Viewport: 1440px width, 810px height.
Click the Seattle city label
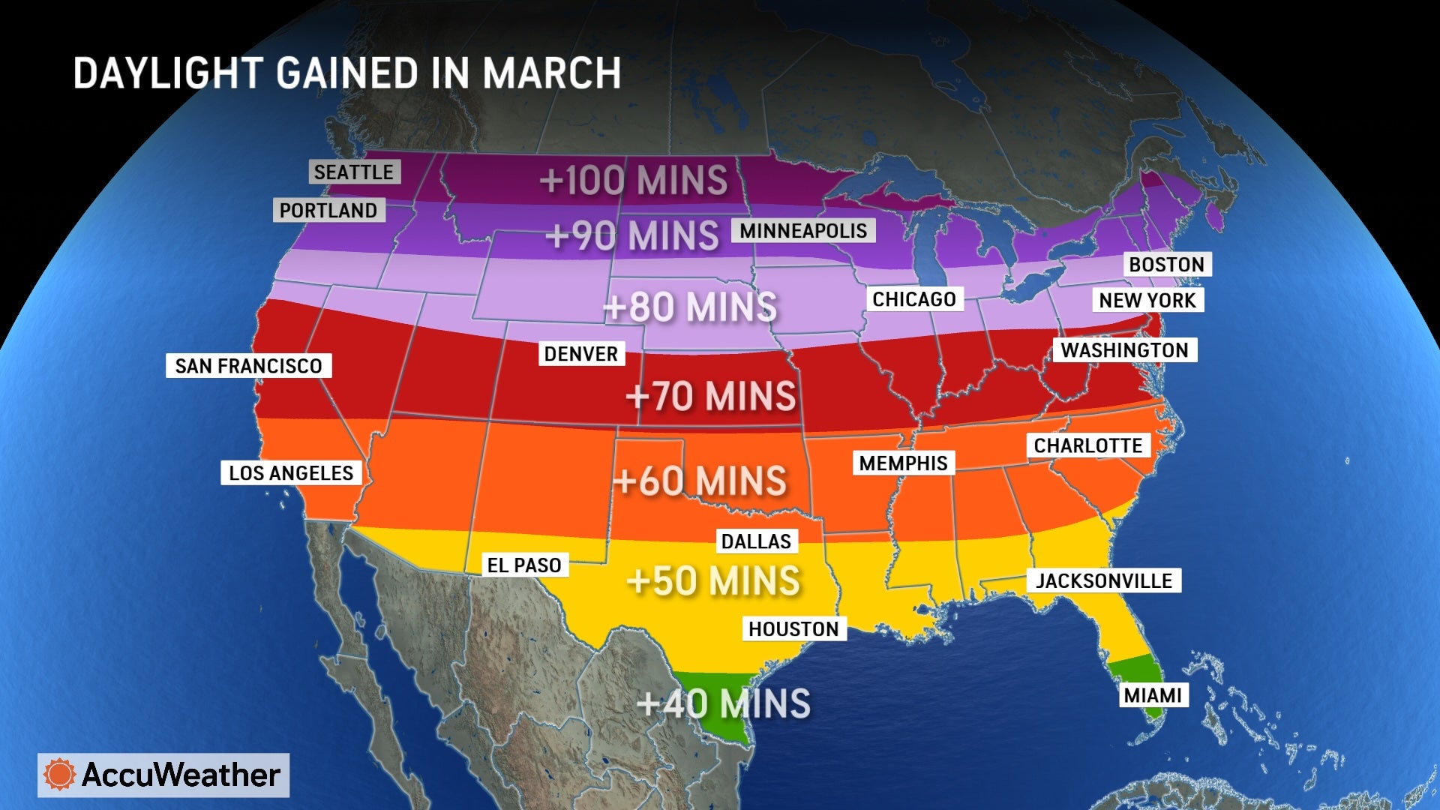point(354,172)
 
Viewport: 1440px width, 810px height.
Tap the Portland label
point(328,211)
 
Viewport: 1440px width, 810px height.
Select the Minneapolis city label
point(803,231)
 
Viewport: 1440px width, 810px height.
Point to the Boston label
point(1166,265)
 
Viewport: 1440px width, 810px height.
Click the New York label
point(1147,301)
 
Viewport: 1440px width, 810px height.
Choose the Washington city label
point(1124,350)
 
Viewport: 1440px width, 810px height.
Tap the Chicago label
point(913,299)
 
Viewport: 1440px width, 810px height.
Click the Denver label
point(580,354)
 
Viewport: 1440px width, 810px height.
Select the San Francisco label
point(248,366)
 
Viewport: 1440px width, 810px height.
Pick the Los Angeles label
point(291,473)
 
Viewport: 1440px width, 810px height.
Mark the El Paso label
point(524,565)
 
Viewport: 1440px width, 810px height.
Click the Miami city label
point(1153,696)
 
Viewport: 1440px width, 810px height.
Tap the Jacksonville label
point(1104,581)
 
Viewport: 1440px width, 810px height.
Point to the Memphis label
point(903,463)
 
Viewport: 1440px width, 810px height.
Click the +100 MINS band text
point(634,181)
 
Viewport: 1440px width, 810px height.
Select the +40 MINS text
point(724,704)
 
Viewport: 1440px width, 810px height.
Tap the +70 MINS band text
point(711,397)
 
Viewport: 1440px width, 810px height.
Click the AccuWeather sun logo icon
point(60,775)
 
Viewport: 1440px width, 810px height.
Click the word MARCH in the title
point(551,74)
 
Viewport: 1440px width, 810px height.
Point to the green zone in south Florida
point(1132,671)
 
